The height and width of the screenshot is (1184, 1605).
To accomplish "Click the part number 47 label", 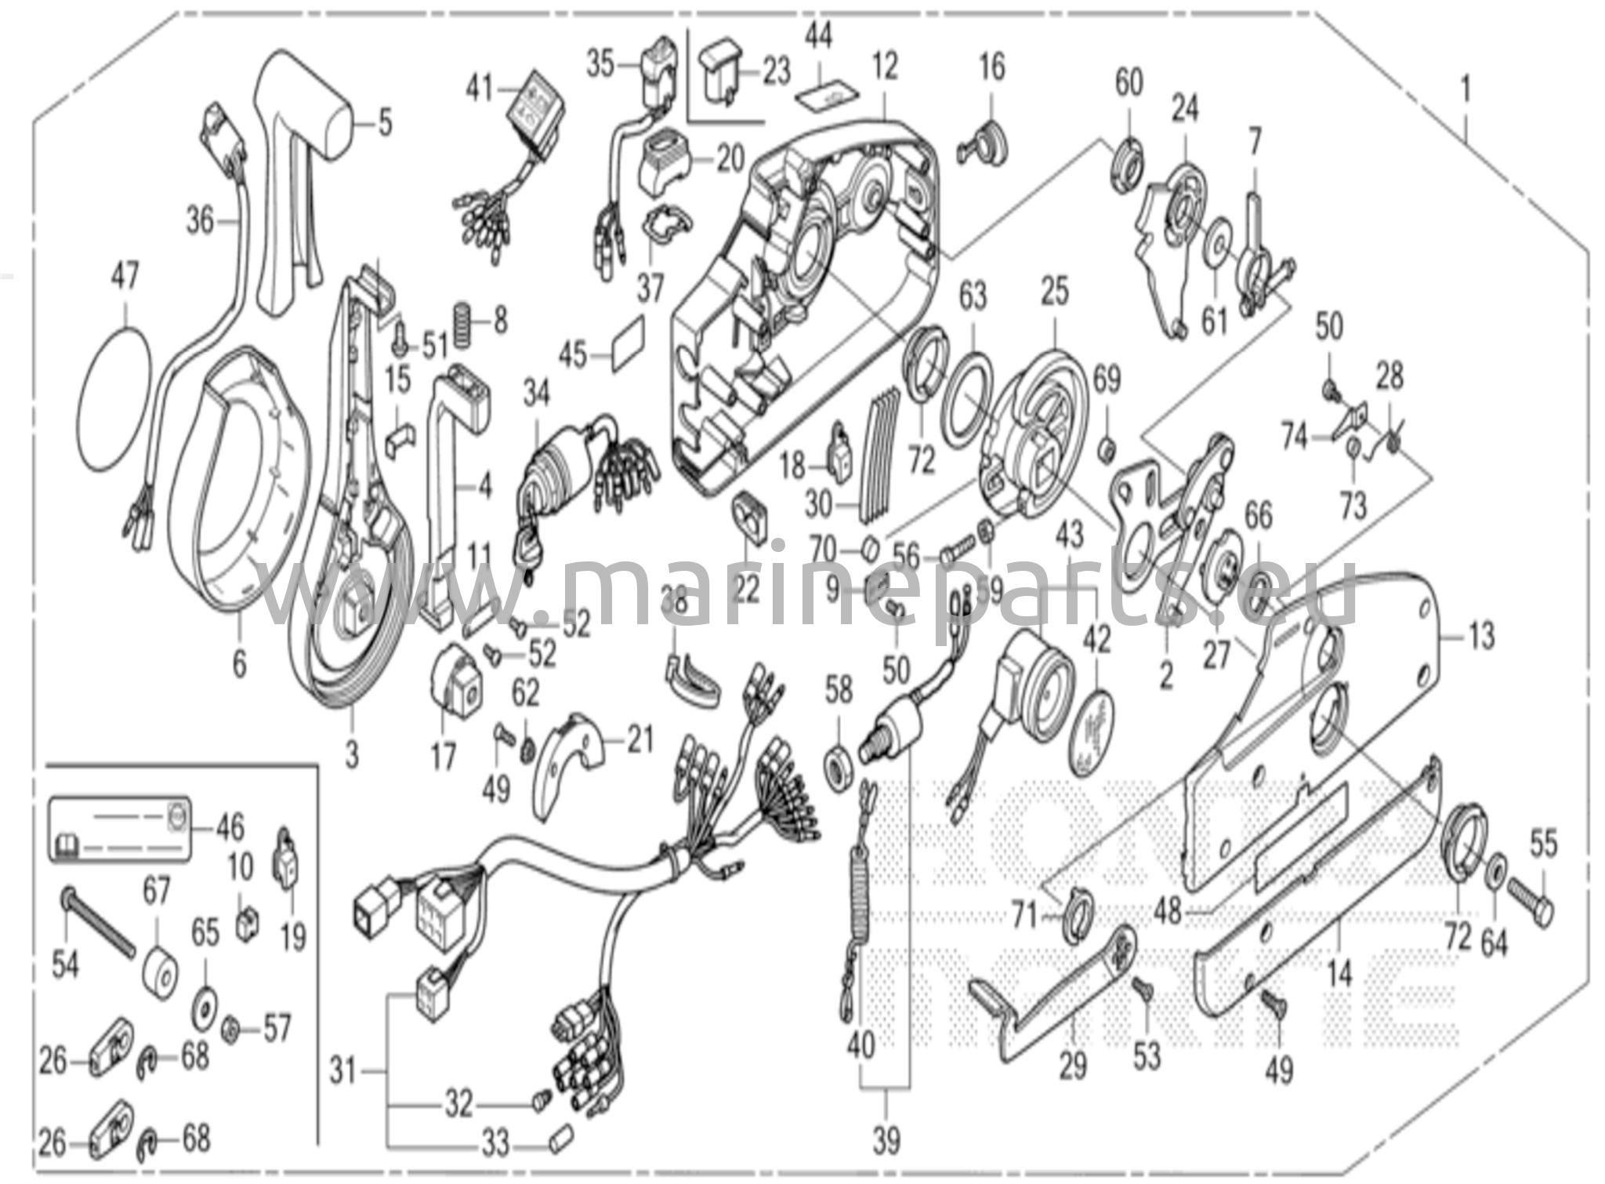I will [x=125, y=277].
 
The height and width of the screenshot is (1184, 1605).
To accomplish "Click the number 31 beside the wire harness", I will [x=343, y=1070].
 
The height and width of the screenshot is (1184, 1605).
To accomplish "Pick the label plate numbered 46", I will [x=121, y=828].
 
